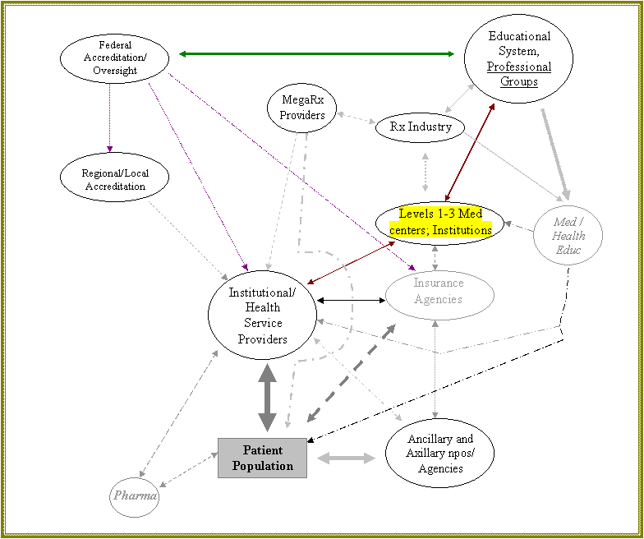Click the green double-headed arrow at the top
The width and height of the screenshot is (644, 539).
point(316,54)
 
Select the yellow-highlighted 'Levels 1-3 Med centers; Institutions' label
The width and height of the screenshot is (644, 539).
point(440,223)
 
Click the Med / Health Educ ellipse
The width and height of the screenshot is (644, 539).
point(568,236)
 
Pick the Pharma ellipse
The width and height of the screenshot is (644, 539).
point(135,496)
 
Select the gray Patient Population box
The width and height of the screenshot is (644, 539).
point(262,458)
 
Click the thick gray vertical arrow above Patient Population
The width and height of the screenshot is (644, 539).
point(267,398)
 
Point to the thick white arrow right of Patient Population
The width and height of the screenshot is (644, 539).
point(346,458)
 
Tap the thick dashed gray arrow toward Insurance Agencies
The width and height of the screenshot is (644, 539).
point(351,373)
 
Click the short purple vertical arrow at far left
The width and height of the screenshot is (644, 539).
point(109,117)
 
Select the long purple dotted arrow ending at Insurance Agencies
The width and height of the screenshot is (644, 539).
point(292,172)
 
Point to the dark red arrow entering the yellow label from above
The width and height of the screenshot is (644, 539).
point(470,152)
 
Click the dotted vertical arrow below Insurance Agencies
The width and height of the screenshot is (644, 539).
point(435,370)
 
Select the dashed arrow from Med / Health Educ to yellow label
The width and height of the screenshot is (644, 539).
point(519,225)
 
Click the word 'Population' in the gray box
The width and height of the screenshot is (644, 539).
point(262,466)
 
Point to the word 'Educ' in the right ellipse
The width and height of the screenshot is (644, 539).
point(568,249)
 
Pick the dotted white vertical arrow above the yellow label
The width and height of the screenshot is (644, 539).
point(425,172)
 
